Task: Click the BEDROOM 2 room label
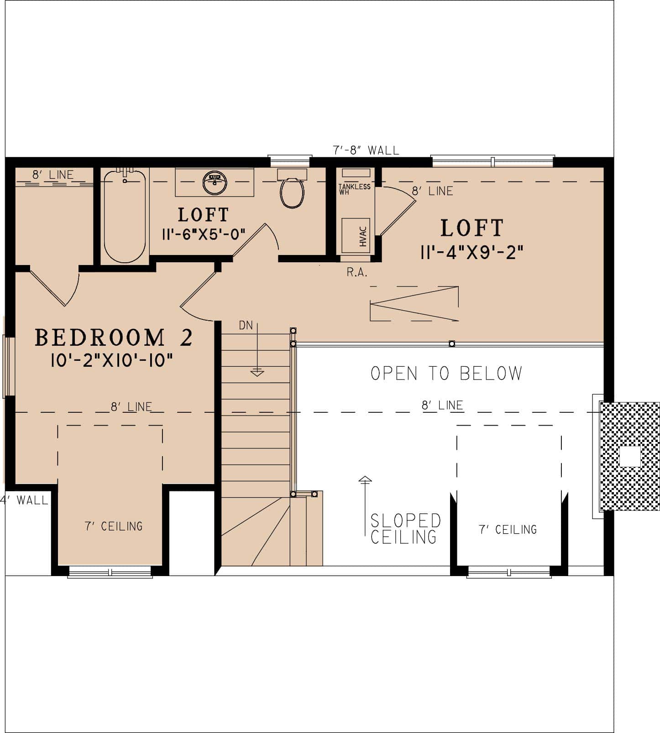click(114, 338)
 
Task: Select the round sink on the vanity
click(215, 182)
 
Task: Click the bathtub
click(125, 215)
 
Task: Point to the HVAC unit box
click(356, 235)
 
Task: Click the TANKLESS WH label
click(354, 189)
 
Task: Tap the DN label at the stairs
click(246, 325)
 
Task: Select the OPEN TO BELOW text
click(446, 373)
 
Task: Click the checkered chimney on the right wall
click(629, 456)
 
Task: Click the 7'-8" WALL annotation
click(366, 150)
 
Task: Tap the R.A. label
click(357, 273)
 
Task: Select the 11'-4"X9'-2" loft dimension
click(471, 252)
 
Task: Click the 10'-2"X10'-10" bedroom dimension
click(112, 361)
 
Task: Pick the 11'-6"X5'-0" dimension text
click(204, 234)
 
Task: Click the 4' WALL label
click(25, 500)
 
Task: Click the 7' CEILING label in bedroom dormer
click(114, 526)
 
